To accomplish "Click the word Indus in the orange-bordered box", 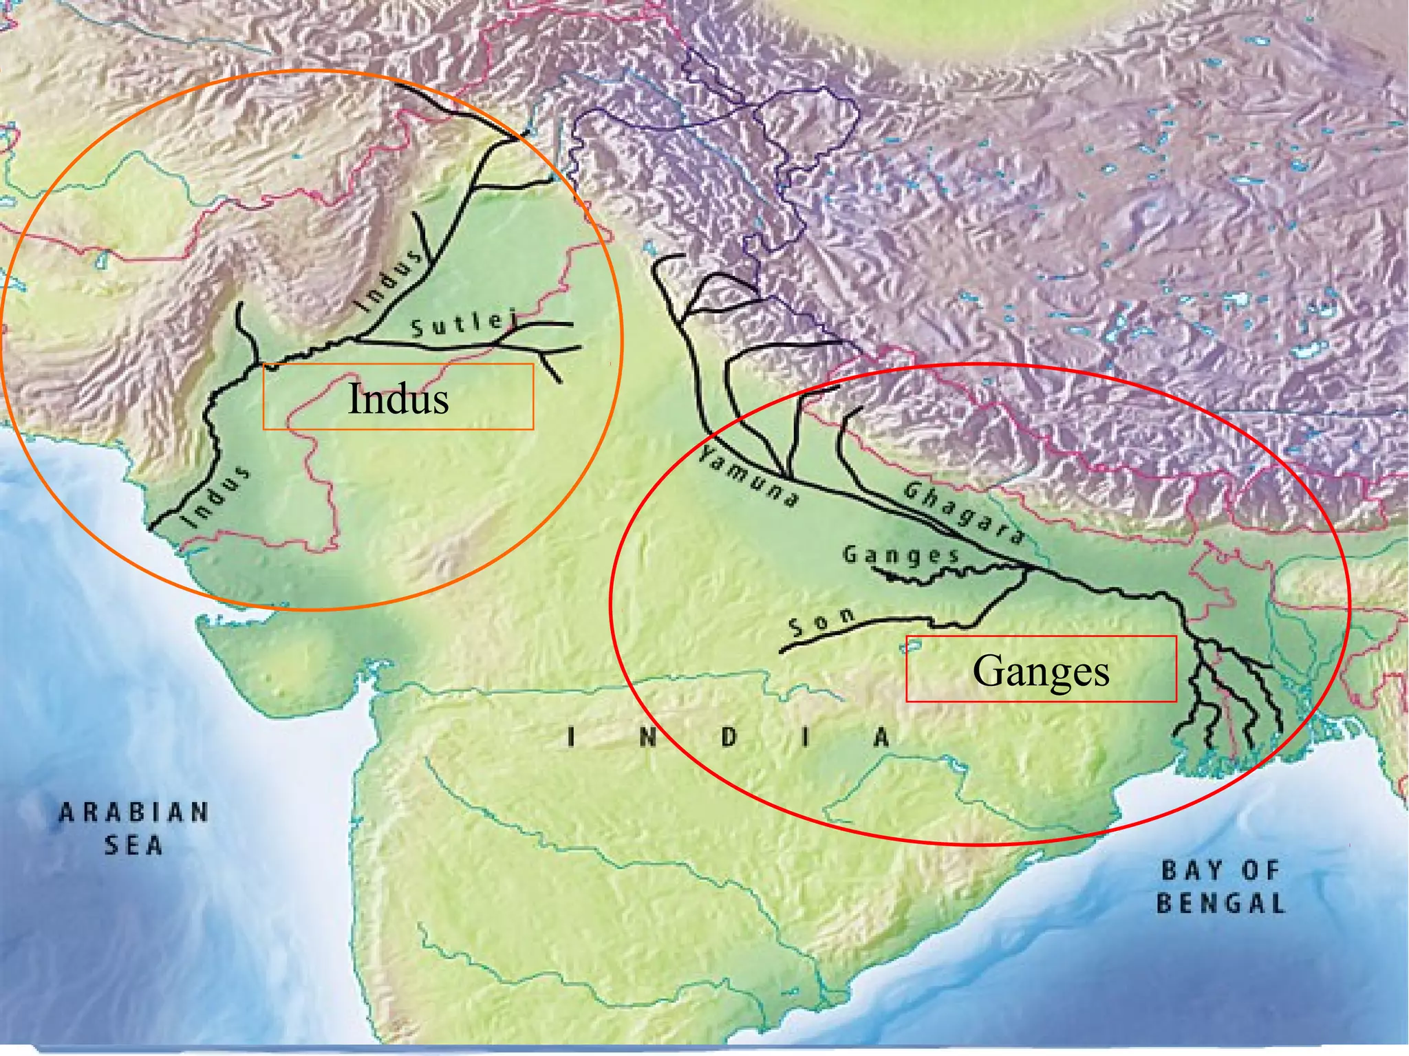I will click(398, 398).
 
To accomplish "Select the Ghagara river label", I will click(963, 513).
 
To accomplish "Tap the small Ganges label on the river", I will click(901, 555).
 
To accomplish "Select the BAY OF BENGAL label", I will click(1220, 887).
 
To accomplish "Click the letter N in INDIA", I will click(647, 738).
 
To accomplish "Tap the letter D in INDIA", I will click(729, 738).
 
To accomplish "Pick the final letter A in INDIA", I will click(882, 738).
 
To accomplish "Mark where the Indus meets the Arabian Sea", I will click(152, 528).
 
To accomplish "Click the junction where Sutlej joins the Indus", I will click(358, 338).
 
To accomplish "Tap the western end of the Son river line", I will click(782, 651).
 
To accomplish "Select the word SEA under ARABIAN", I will click(133, 845).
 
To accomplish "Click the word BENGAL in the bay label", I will click(1220, 903).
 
